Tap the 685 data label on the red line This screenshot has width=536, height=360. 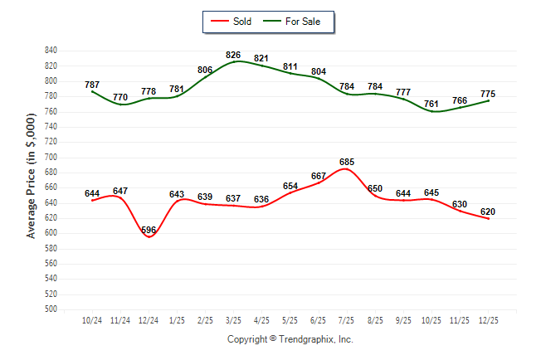pyautogui.click(x=347, y=162)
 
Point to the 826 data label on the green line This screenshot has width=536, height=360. pyautogui.click(x=234, y=55)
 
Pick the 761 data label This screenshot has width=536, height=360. pyautogui.click(x=431, y=104)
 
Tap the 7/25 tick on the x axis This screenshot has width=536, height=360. pyautogui.click(x=347, y=319)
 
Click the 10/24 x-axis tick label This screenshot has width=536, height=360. pyautogui.click(x=92, y=319)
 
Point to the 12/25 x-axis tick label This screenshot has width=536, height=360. pyautogui.click(x=488, y=319)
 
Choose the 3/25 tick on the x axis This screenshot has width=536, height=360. pyautogui.click(x=234, y=319)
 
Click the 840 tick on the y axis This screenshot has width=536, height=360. pyautogui.click(x=51, y=51)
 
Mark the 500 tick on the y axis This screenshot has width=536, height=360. pyautogui.click(x=51, y=309)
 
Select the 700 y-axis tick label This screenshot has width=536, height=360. pyautogui.click(x=51, y=157)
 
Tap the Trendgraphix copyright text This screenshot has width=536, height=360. pyautogui.click(x=290, y=339)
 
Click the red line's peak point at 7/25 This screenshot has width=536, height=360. pyautogui.click(x=347, y=169)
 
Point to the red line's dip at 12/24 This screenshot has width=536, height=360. pyautogui.click(x=149, y=236)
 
